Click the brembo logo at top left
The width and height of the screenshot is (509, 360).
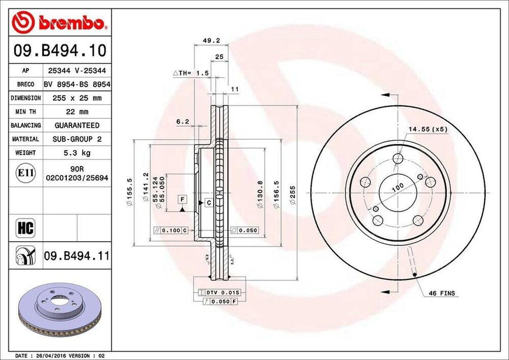(x=59, y=22)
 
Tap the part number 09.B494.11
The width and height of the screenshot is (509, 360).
(x=77, y=256)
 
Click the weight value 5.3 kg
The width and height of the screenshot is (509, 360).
(x=77, y=153)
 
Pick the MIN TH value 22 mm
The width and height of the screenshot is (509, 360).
(x=77, y=112)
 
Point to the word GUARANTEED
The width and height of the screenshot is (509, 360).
(x=77, y=125)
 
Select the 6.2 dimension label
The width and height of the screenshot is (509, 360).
(x=182, y=121)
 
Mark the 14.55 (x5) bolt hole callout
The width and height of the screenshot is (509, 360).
(x=428, y=129)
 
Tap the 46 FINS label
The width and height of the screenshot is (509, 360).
(x=441, y=293)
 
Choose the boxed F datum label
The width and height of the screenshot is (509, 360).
(x=183, y=200)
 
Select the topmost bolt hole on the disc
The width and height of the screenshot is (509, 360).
(x=397, y=159)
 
